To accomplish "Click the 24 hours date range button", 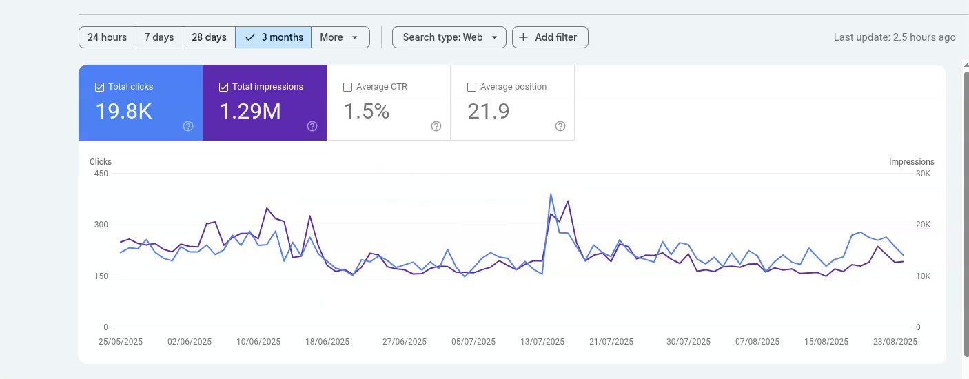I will click(107, 37).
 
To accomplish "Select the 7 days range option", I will click(159, 37).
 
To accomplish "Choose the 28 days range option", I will click(209, 37).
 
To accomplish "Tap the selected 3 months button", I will click(274, 37).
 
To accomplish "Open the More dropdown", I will click(340, 37).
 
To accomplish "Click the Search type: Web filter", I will click(449, 37).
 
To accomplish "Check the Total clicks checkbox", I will click(99, 87).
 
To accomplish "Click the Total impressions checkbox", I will click(223, 87).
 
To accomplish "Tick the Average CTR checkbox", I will click(347, 87).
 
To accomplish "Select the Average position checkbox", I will click(471, 87).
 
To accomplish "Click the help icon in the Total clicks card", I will click(188, 126).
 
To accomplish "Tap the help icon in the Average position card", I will click(560, 126).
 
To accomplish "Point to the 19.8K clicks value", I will click(123, 111).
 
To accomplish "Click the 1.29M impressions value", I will click(250, 111).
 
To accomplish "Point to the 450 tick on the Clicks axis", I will click(101, 173).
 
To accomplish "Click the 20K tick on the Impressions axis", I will click(923, 225).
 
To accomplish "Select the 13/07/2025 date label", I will click(542, 342).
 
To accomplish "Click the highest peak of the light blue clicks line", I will click(551, 194).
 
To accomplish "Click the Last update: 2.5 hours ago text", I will click(894, 37).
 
